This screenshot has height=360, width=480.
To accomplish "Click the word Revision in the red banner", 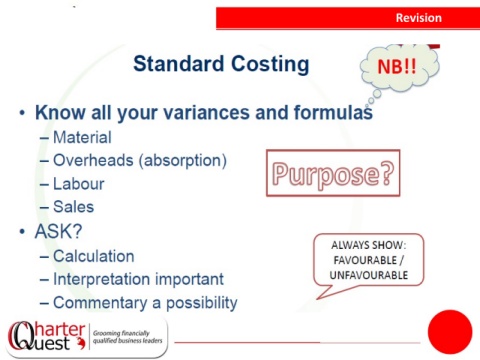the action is coord(419,18).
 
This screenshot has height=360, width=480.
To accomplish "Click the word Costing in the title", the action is coord(270,64).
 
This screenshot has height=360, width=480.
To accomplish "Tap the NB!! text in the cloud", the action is coord(397,66).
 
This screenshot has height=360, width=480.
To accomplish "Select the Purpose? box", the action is coord(333,173).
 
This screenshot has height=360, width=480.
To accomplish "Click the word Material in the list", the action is coord(82,137).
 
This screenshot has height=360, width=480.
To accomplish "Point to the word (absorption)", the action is coord(183,161).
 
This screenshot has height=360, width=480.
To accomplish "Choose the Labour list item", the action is coord(79,184).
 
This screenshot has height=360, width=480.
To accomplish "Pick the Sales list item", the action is coord(74,207).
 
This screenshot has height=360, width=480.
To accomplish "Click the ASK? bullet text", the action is coord(58,231).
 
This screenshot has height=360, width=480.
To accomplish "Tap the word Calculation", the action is coord(94,256).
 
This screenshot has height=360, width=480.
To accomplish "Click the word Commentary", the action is coord(100,303).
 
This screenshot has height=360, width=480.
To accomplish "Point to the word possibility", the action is coord(202,303).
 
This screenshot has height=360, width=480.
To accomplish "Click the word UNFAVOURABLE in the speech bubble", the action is coord(369,275).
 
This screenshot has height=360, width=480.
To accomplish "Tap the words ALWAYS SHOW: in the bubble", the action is coord(369,245).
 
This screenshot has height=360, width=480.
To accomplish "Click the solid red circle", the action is coord(450,332).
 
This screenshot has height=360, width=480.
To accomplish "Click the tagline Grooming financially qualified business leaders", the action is coord(127,337).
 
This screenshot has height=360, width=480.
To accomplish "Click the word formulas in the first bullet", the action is coord(333,112).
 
